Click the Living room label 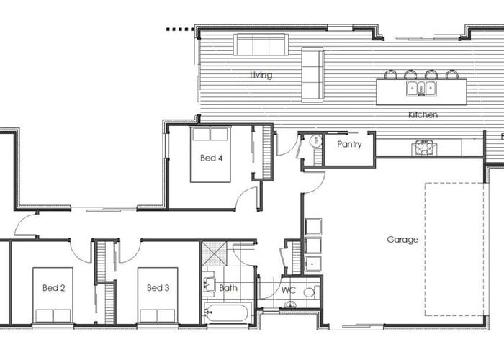(x=261, y=75)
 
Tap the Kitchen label (x=423, y=114)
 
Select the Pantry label (x=349, y=144)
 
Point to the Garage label (x=402, y=240)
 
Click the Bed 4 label (x=210, y=158)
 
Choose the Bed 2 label (x=54, y=288)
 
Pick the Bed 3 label (x=158, y=288)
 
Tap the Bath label (x=228, y=288)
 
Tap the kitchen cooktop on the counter (x=423, y=148)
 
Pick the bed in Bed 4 (x=210, y=155)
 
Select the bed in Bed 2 (x=52, y=295)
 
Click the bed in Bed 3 (x=157, y=295)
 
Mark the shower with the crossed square (x=214, y=253)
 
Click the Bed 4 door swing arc (x=246, y=197)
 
